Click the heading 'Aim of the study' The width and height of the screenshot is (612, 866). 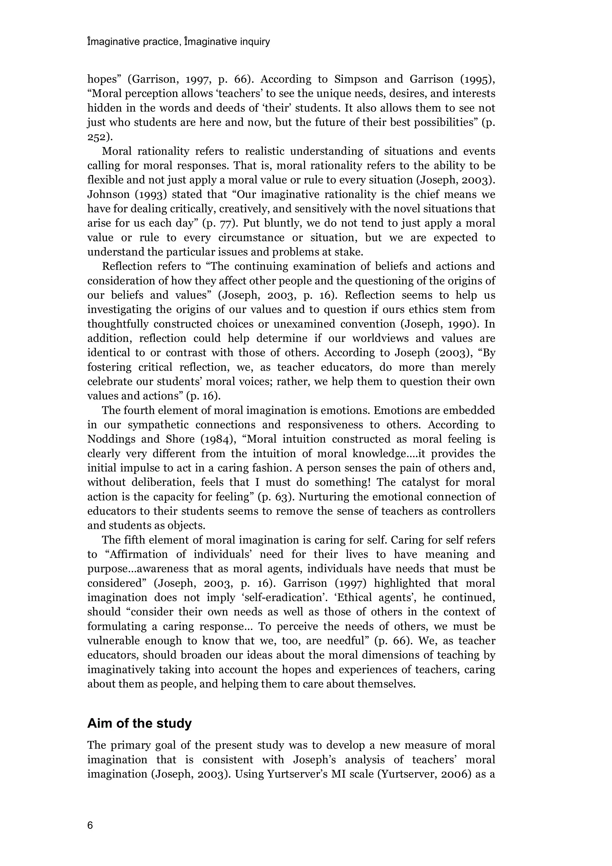click(x=140, y=723)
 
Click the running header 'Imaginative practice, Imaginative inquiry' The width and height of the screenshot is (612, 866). click(x=179, y=42)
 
